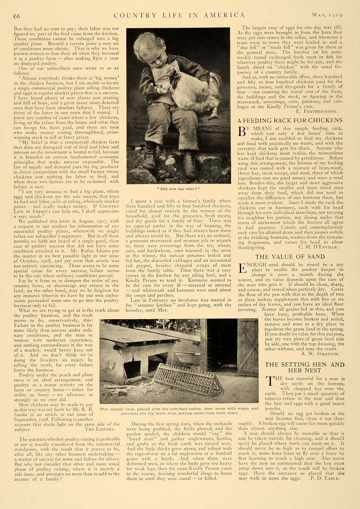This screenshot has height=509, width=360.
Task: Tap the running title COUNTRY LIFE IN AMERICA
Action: coord(179,15)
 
